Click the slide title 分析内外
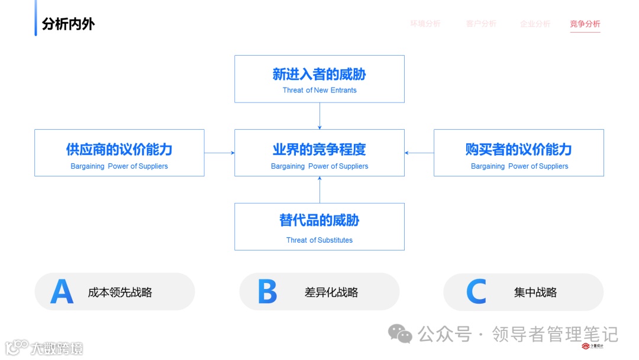click(68, 24)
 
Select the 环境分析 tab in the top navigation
click(425, 24)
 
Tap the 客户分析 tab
click(481, 24)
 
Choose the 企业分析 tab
click(535, 24)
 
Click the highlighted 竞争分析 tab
click(585, 24)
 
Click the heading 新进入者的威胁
click(319, 74)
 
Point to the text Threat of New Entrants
click(319, 90)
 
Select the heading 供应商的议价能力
click(120, 149)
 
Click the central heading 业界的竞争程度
click(319, 149)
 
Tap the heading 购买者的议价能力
click(519, 149)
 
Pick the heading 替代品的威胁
click(319, 220)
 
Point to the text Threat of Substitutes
click(319, 240)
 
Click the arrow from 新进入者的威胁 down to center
click(319, 116)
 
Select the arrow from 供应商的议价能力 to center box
click(220, 153)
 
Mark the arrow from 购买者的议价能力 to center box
click(419, 153)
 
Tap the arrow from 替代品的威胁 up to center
click(319, 189)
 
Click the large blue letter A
click(62, 291)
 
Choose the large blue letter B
click(267, 291)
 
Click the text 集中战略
click(535, 292)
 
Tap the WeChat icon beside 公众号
click(401, 334)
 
